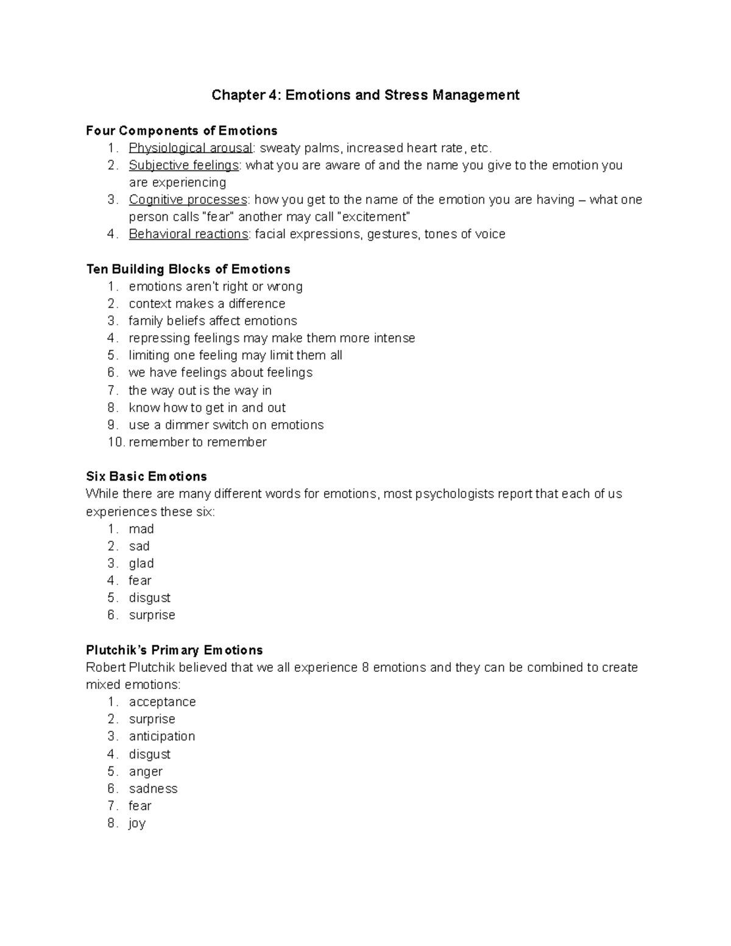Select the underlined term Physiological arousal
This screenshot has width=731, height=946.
(x=190, y=148)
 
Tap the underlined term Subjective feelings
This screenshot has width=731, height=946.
(x=184, y=165)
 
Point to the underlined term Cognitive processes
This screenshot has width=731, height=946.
(x=188, y=200)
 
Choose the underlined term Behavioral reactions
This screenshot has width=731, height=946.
(x=188, y=234)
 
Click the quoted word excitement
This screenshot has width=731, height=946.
(x=373, y=217)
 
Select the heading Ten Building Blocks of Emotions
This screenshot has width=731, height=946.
(x=188, y=269)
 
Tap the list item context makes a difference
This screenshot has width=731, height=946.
(x=207, y=303)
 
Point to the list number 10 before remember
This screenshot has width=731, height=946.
(x=116, y=442)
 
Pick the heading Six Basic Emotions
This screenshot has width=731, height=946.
(x=146, y=476)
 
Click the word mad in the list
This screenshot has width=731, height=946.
(x=141, y=529)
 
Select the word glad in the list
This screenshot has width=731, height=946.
(x=141, y=563)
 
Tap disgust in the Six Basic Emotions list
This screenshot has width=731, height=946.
(x=149, y=598)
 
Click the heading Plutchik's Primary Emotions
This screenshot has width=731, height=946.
(x=174, y=650)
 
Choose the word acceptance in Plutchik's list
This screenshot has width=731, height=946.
(x=162, y=702)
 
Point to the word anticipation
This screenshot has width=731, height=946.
(x=161, y=736)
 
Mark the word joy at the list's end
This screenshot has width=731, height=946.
(x=137, y=824)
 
